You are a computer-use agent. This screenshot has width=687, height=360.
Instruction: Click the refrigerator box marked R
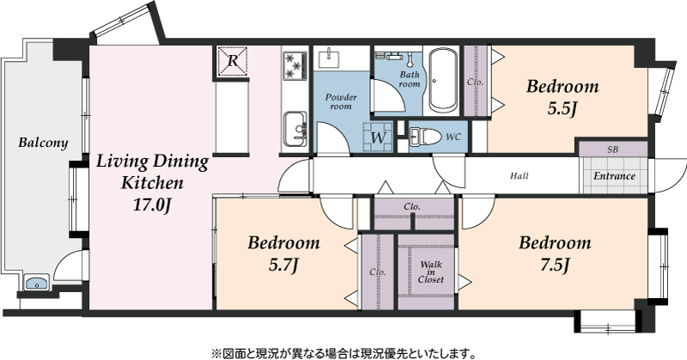pos(232,61)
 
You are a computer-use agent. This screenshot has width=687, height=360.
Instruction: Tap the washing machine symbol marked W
pos(378,137)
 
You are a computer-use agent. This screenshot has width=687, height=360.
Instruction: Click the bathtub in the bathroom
pos(443,80)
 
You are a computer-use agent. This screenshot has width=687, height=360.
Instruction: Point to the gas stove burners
pos(295,66)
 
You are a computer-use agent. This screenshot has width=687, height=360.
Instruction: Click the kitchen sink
pos(295,129)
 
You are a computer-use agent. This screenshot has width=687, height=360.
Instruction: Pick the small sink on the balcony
pos(36,283)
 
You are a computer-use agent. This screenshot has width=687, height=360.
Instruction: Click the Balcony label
pos(44,143)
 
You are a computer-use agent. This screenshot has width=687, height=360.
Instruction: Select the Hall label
pos(520,176)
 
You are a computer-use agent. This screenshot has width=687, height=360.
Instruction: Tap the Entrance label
pos(614,176)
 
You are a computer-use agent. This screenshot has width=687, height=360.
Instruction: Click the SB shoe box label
pos(613,149)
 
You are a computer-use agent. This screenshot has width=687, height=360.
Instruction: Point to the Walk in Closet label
pos(431,272)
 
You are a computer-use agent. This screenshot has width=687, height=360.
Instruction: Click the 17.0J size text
pos(151,204)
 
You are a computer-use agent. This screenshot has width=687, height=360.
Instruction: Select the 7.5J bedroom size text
pos(555,265)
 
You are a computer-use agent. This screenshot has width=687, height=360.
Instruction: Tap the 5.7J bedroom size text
pos(283,265)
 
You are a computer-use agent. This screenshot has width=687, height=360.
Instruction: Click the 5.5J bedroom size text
pos(562,109)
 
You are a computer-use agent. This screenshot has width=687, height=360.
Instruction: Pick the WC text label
pos(453,137)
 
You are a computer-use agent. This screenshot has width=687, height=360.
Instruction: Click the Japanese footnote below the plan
pos(343,352)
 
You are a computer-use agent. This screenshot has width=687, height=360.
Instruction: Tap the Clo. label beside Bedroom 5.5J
pos(476,82)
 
